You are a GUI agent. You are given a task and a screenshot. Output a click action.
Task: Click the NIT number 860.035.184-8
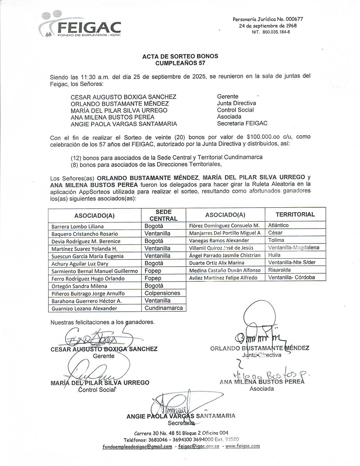click(271, 32)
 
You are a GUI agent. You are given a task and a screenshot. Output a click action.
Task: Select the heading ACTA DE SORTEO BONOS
click(180, 56)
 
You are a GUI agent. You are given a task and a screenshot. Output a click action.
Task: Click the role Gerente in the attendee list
click(228, 96)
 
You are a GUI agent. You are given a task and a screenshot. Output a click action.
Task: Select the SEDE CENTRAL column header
click(163, 215)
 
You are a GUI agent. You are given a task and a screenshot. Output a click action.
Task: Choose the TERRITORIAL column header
click(295, 214)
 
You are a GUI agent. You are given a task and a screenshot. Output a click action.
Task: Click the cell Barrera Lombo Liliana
click(78, 226)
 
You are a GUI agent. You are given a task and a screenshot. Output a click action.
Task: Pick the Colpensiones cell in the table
click(162, 293)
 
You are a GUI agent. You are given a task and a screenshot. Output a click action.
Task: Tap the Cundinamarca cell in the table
click(164, 308)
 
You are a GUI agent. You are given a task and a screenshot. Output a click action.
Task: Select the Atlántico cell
click(278, 225)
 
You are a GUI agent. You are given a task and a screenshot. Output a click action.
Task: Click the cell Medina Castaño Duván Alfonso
click(225, 270)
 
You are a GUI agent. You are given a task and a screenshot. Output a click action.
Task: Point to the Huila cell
click(274, 255)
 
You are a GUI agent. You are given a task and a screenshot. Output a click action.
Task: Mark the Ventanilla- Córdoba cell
click(292, 277)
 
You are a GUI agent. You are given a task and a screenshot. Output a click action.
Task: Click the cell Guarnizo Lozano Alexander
click(84, 308)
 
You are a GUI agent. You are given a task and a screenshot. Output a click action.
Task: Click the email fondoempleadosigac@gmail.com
click(137, 447)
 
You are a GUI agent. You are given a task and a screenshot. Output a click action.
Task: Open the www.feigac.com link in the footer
click(242, 446)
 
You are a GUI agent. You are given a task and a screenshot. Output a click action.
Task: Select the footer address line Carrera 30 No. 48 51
click(181, 433)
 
